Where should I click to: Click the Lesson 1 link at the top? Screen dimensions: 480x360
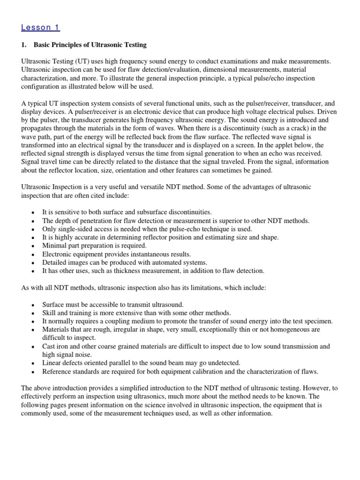coord(40,27)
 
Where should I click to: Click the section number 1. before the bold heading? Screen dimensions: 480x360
coord(24,45)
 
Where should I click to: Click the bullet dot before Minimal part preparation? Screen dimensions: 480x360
coord(32,246)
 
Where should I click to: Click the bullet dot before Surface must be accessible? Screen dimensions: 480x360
coord(32,305)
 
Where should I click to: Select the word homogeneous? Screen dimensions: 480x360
coord(281,330)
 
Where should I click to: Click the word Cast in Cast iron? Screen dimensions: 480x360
coord(49,346)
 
